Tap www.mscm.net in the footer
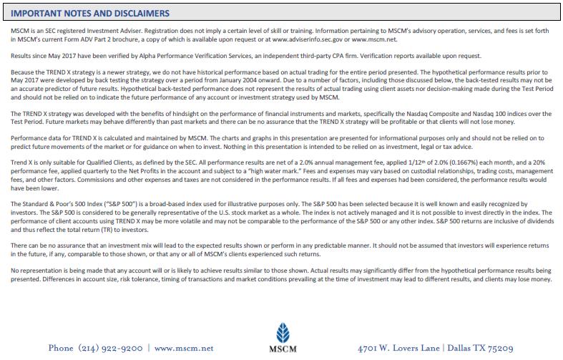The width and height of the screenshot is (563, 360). point(184,348)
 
